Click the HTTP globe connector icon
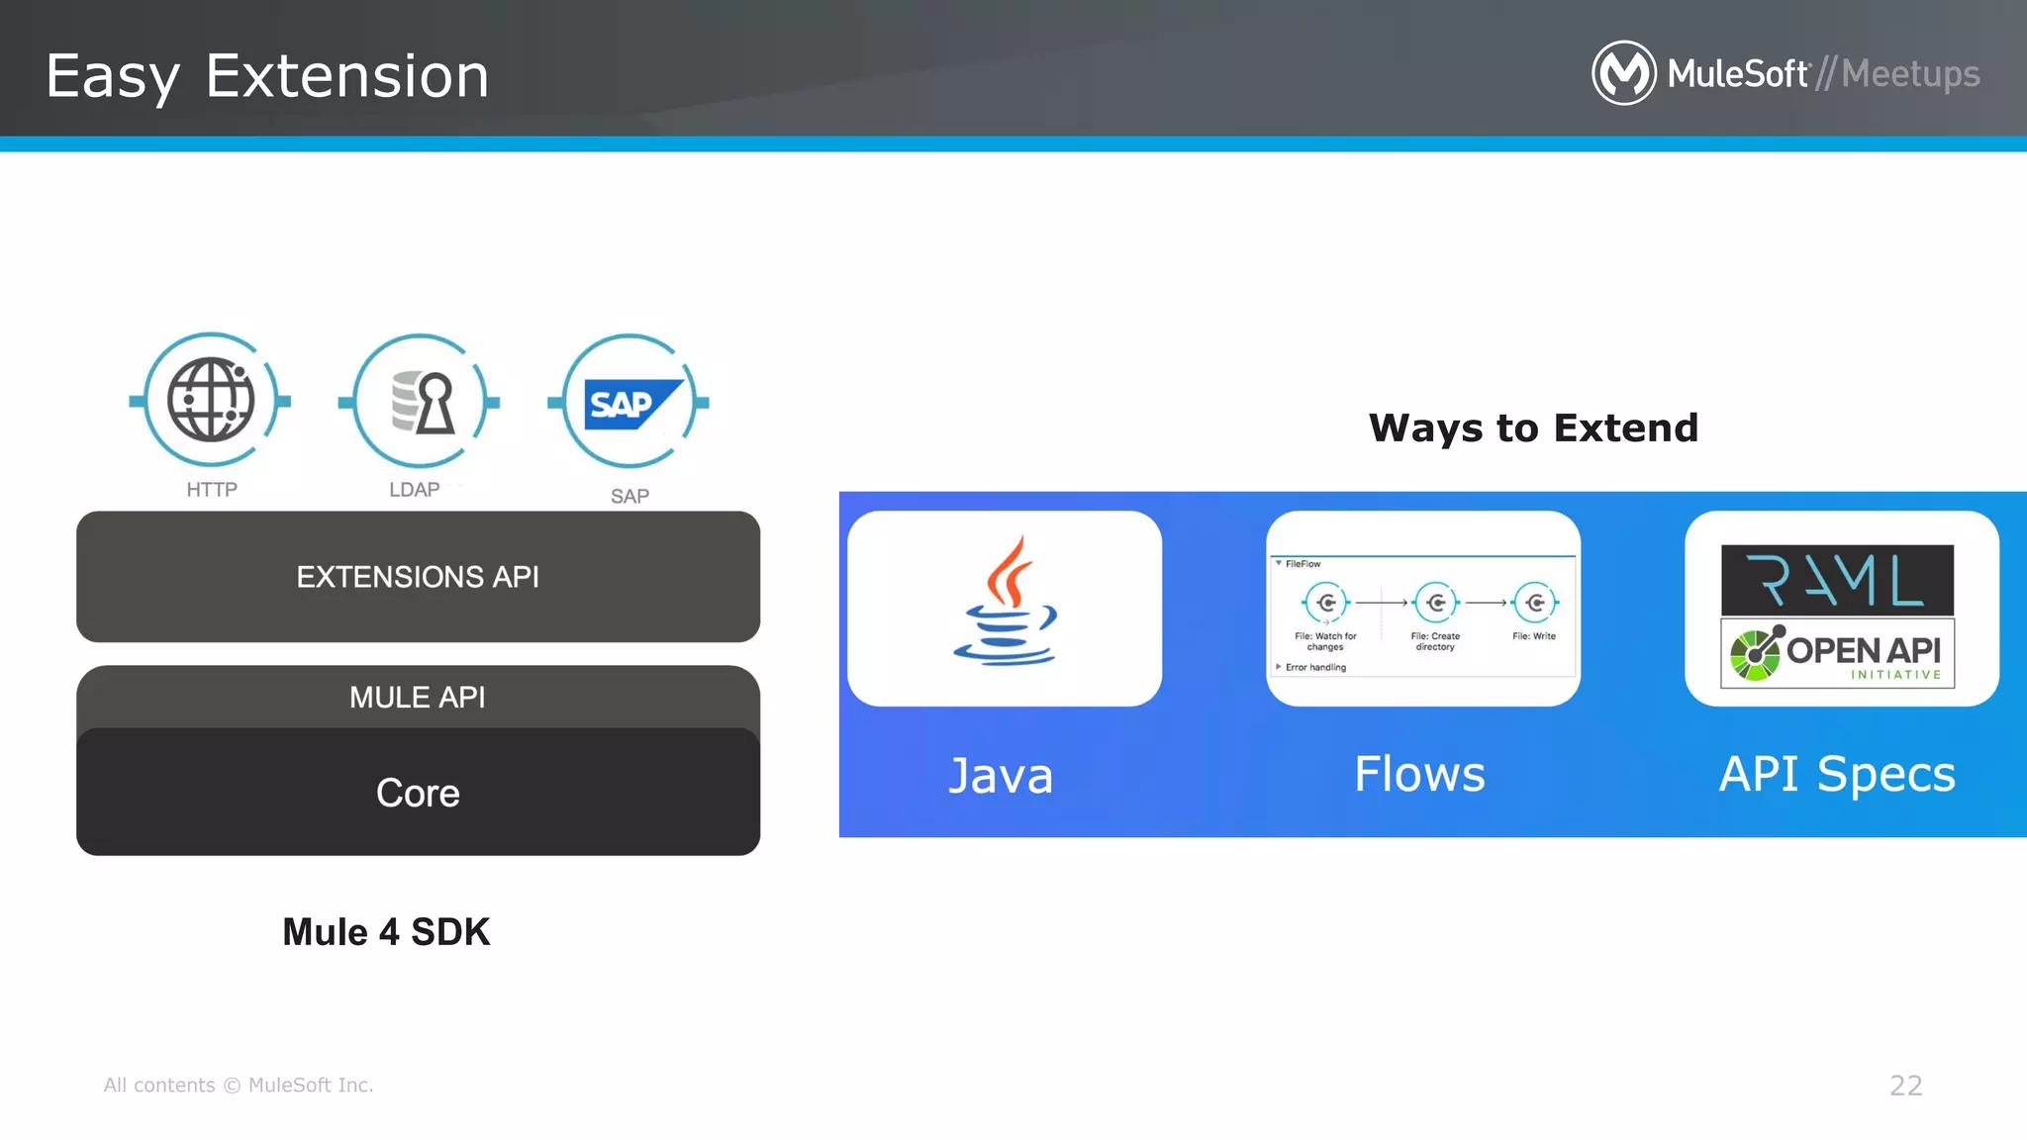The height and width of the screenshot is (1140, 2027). (x=210, y=401)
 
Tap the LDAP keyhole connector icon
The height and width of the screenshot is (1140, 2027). (x=420, y=401)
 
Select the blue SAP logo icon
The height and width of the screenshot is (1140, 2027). (x=629, y=403)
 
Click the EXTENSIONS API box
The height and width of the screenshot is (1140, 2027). (x=418, y=577)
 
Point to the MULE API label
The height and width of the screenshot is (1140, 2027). (x=418, y=698)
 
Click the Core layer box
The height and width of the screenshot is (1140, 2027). (x=418, y=793)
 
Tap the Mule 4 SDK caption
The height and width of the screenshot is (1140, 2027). (x=386, y=932)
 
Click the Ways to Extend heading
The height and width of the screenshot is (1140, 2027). (x=1533, y=428)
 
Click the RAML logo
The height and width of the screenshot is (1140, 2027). (x=1837, y=580)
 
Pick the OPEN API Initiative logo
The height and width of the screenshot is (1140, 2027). (x=1837, y=653)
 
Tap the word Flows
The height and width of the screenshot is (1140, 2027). (x=1419, y=774)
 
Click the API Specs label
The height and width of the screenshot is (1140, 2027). (x=1837, y=774)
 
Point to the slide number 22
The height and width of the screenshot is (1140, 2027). (x=1905, y=1086)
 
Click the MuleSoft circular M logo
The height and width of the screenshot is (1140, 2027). (x=1623, y=73)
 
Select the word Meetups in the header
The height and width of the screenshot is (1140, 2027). (x=1910, y=74)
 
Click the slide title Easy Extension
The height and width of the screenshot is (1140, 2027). (x=267, y=76)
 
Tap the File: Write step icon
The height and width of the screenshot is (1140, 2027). (x=1535, y=602)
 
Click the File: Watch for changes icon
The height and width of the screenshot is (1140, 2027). (x=1325, y=602)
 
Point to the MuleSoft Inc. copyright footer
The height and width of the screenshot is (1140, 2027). (x=239, y=1086)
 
